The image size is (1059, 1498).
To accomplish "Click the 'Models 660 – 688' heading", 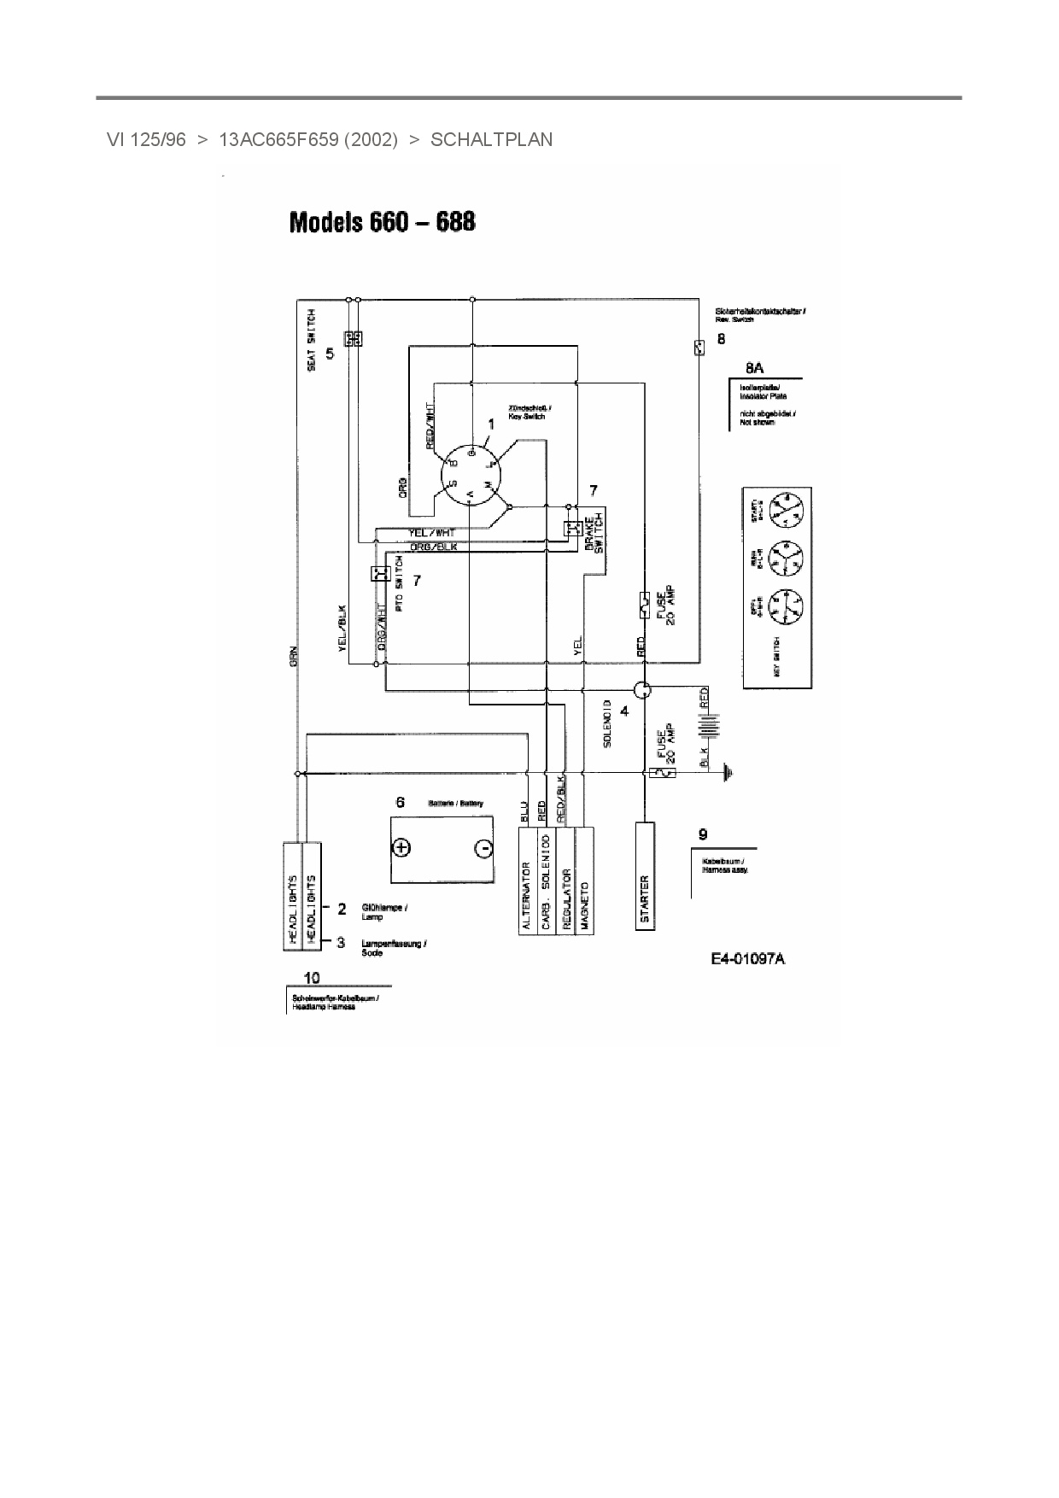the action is coord(383,222).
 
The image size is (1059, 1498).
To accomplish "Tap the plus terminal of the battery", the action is coord(401,847).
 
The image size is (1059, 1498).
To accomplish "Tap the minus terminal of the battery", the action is coord(483,848).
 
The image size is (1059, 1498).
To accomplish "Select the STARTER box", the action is coord(645,875).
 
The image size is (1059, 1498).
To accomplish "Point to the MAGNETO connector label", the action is coord(585,905).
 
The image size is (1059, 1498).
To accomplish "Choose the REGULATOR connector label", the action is coord(566,898).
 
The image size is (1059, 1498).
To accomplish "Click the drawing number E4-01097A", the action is coord(748,958).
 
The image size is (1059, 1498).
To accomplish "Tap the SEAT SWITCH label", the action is coord(312,339).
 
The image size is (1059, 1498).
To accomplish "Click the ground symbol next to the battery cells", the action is coord(727,774).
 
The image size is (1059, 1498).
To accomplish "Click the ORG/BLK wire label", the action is coord(433,547).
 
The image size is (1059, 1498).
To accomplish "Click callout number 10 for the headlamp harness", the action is coord(312,977).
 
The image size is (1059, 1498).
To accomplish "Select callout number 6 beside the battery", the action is coord(400,802).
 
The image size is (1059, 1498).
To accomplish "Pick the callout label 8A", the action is coord(754,368).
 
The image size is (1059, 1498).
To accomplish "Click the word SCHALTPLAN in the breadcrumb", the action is coord(491,140).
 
